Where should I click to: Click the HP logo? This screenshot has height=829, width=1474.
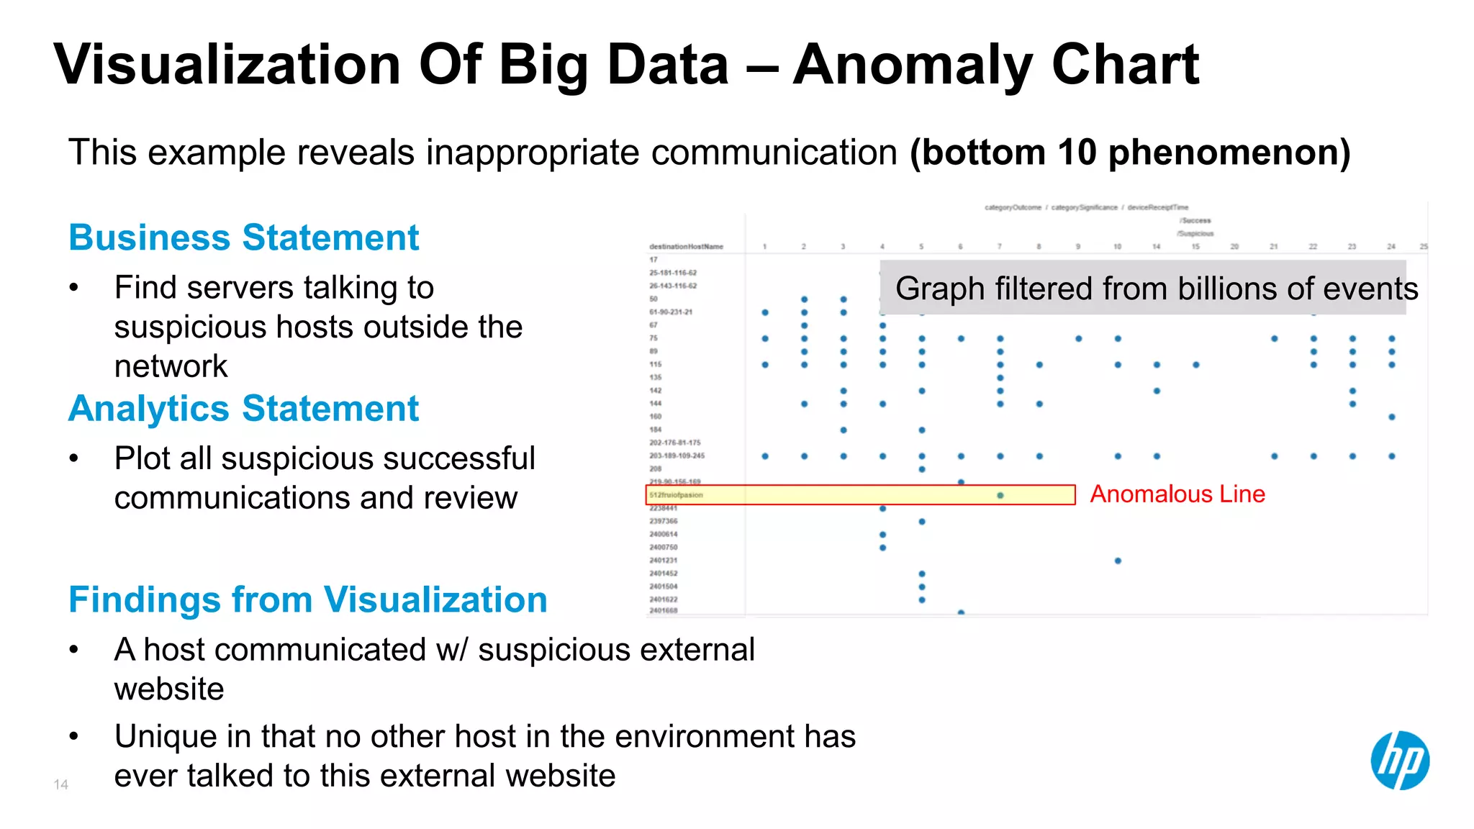[1399, 761]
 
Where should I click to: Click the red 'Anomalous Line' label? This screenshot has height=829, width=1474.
[1177, 494]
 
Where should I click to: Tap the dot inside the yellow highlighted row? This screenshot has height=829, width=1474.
[1000, 495]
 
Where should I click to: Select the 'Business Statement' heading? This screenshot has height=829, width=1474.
[243, 237]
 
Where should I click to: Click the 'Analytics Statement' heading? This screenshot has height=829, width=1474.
[243, 409]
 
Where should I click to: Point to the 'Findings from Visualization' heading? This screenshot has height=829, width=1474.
[307, 599]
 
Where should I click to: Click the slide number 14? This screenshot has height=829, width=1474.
[60, 784]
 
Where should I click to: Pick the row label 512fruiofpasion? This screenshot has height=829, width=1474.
[676, 495]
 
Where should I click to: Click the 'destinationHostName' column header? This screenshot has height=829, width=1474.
[686, 247]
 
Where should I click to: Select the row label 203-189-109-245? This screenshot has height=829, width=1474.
[677, 456]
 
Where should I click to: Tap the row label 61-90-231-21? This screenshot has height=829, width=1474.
[671, 312]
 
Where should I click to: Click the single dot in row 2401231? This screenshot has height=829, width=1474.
[1118, 561]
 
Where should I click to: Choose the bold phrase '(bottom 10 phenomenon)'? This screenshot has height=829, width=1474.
[1129, 153]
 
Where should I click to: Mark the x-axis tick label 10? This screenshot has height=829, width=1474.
[1117, 247]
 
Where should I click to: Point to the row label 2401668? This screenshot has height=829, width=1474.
[663, 611]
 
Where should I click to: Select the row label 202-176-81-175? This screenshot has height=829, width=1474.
[674, 443]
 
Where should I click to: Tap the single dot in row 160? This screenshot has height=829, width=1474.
[1392, 417]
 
